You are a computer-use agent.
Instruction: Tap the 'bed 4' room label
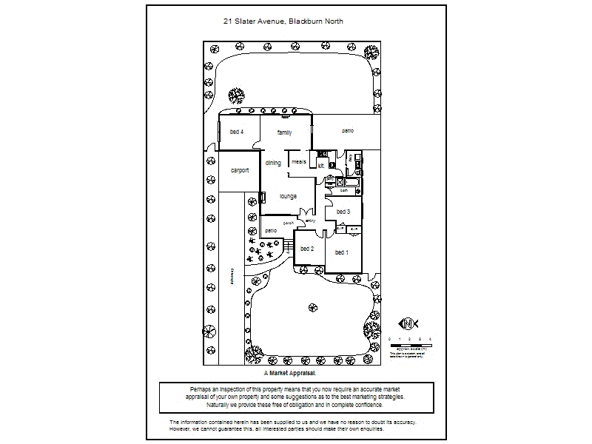click(x=237, y=132)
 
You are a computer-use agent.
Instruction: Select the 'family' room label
click(x=285, y=133)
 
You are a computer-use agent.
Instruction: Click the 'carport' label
click(x=239, y=170)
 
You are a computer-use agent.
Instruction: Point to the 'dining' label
click(x=273, y=163)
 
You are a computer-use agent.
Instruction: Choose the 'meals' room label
click(x=299, y=161)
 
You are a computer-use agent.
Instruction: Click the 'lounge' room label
click(x=288, y=196)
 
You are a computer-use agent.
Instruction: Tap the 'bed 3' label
click(x=343, y=212)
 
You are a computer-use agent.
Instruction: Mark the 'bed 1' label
click(x=342, y=252)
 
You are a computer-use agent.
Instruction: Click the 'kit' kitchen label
click(x=320, y=166)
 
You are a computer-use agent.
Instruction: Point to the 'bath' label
click(x=344, y=191)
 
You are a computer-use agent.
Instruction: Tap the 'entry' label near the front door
click(x=311, y=221)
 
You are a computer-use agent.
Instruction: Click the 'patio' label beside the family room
click(x=348, y=131)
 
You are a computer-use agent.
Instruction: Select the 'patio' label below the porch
click(x=272, y=231)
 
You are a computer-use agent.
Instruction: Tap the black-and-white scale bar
click(x=410, y=346)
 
